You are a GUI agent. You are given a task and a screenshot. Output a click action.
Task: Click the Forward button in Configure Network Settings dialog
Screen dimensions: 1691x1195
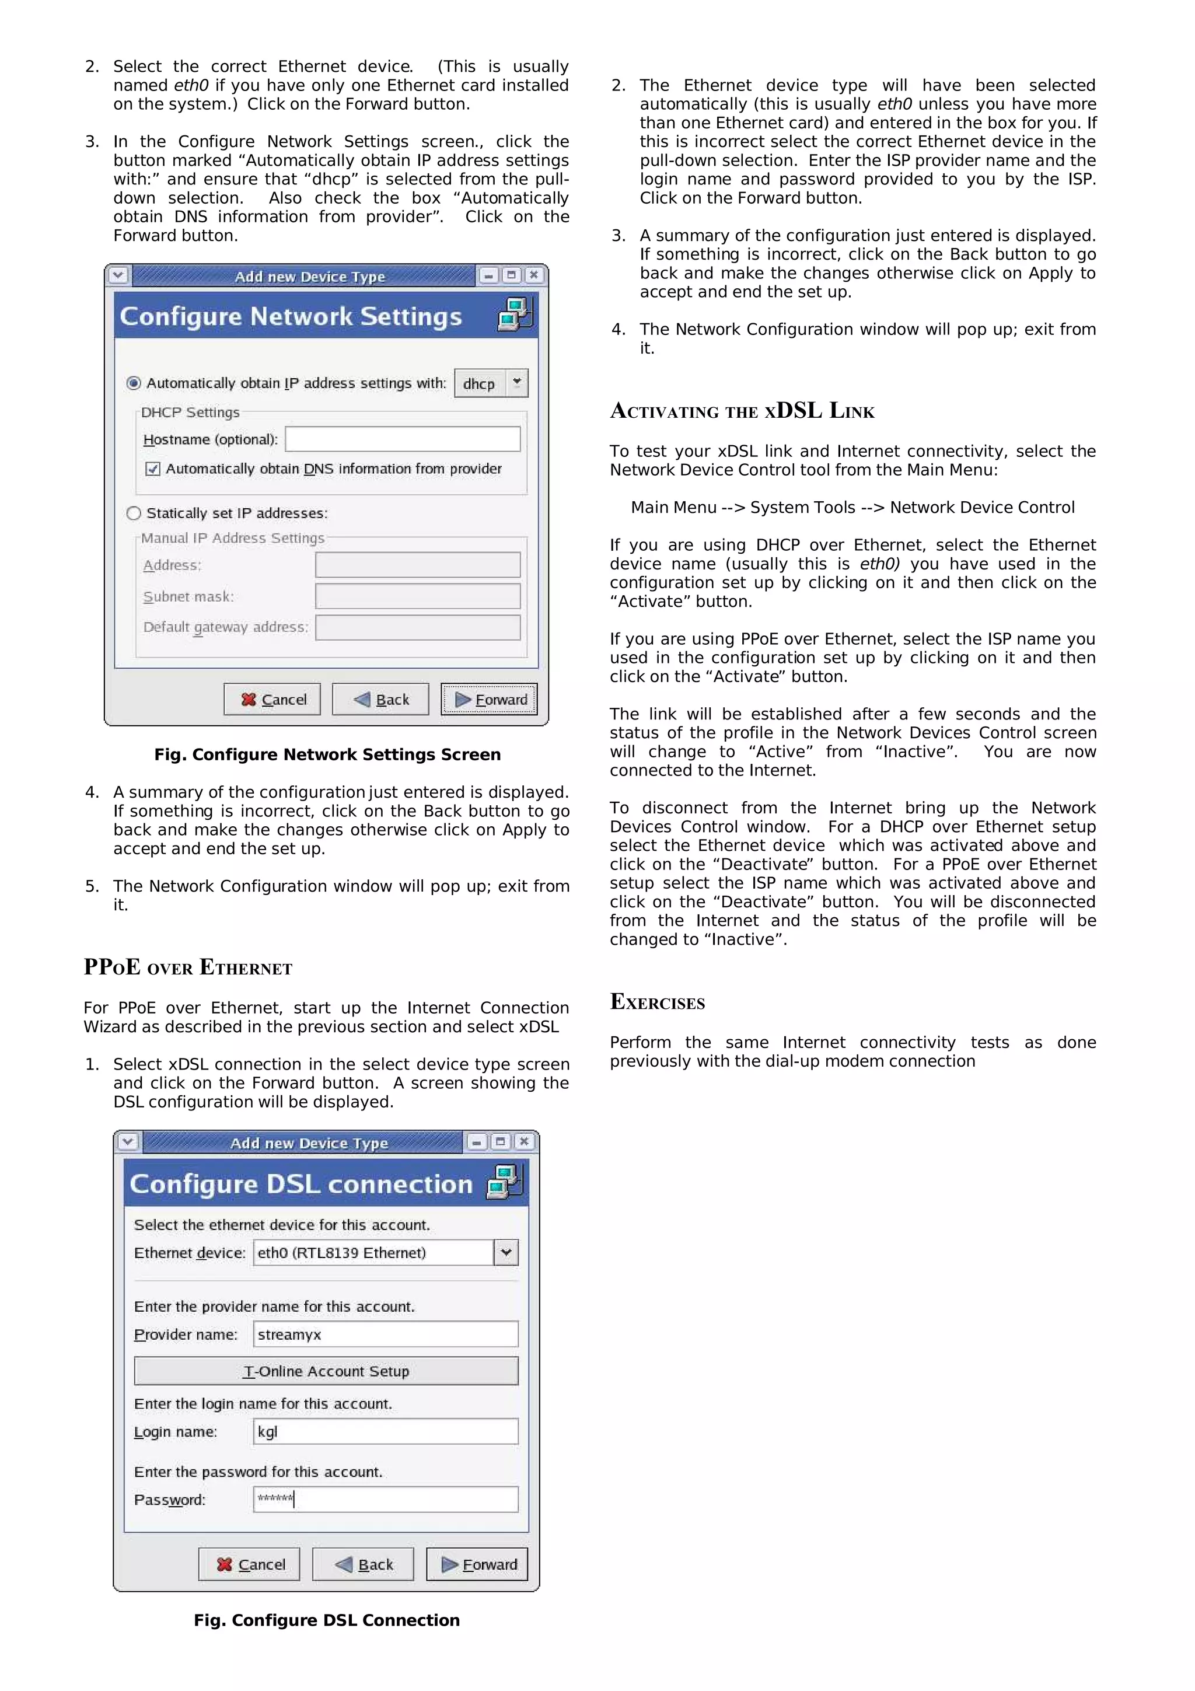pyautogui.click(x=490, y=699)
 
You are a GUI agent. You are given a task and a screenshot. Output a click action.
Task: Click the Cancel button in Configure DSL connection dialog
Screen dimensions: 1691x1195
pyautogui.click(x=250, y=1564)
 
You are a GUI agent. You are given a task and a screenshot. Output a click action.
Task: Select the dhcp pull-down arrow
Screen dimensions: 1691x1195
pyautogui.click(x=517, y=382)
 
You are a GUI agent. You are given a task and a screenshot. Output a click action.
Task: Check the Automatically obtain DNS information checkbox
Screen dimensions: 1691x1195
pyautogui.click(x=152, y=469)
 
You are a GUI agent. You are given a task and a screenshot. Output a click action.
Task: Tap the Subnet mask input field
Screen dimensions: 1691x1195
pyautogui.click(x=417, y=596)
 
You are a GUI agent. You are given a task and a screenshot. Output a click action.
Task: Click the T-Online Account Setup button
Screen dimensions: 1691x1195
pyautogui.click(x=326, y=1371)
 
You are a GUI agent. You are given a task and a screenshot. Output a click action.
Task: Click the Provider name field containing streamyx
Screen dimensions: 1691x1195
pyautogui.click(x=385, y=1334)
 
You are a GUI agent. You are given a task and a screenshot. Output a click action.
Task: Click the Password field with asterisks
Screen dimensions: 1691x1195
pyautogui.click(x=385, y=1499)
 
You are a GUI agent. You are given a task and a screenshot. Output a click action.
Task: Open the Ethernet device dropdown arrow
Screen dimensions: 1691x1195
pyautogui.click(x=506, y=1252)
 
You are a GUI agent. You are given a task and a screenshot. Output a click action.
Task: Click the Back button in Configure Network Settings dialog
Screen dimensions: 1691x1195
pyautogui.click(x=380, y=699)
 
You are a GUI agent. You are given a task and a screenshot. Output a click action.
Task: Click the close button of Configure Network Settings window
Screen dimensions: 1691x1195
pyautogui.click(x=534, y=275)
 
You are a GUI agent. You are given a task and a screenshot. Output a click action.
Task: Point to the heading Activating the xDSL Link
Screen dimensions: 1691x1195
pyautogui.click(x=742, y=410)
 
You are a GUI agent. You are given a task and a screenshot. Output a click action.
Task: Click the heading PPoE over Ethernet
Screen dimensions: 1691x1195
pyautogui.click(x=188, y=967)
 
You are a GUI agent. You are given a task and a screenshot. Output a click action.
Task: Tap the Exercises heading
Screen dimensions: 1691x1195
pyautogui.click(x=657, y=1002)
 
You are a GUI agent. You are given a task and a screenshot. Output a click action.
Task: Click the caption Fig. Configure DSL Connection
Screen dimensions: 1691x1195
pyautogui.click(x=326, y=1620)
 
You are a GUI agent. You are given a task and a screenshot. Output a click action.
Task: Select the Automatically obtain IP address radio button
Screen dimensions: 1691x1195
pyautogui.click(x=133, y=382)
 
